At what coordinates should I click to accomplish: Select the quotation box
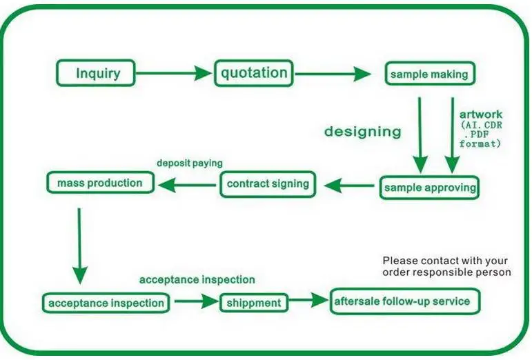point(254,72)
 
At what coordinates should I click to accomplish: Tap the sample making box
point(429,74)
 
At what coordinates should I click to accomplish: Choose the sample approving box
point(428,187)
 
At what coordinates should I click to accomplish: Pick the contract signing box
point(268,184)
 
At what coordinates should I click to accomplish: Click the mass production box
point(99,183)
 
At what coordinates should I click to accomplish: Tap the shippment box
point(253,302)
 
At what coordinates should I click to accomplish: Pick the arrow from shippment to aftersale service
point(307,301)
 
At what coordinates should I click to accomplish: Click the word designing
point(362,131)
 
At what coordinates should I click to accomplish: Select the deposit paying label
point(189,164)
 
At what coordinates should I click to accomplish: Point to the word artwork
point(481,114)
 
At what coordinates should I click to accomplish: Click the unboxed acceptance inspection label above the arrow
point(197,279)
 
